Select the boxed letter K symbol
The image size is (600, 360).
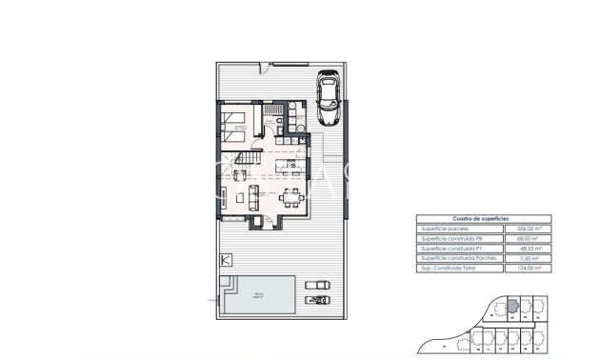[226, 260]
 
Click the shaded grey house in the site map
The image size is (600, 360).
[511, 307]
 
